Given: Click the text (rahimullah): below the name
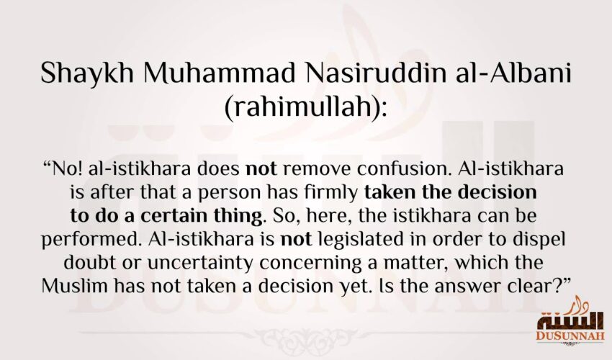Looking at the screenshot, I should click(306, 109).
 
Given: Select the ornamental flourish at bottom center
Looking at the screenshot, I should click(306, 336).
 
